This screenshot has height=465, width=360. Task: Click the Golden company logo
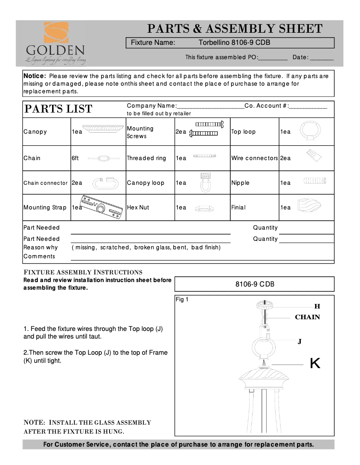coord(55,42)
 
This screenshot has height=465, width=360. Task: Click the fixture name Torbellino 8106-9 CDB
coord(233,43)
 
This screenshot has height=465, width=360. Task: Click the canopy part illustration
coord(104,129)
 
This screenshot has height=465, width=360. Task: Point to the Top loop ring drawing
coord(308,131)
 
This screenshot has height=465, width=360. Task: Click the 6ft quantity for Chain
coord(75,158)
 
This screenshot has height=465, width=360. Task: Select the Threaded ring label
coord(146,158)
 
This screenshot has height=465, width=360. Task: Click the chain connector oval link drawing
coord(105,183)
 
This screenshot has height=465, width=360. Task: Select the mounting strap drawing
coord(101,207)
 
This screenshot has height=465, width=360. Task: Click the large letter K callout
coord(315,364)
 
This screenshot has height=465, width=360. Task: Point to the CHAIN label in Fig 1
coord(307,317)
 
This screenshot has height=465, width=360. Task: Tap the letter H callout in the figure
coord(317,306)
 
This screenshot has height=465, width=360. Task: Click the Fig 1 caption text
coord(182,300)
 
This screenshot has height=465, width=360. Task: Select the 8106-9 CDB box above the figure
coord(254,284)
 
